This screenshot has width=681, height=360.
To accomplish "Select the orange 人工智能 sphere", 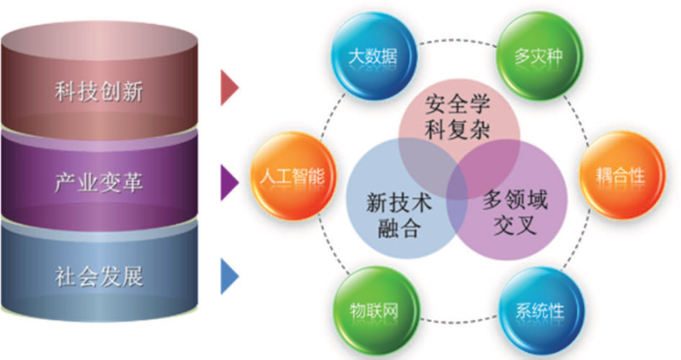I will [292, 176].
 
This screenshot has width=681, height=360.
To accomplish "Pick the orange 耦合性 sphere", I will [622, 175].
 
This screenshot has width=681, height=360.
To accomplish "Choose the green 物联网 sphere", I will [375, 311].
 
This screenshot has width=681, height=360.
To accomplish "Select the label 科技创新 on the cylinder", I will [99, 92].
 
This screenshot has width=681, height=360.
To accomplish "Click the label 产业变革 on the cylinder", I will [99, 183].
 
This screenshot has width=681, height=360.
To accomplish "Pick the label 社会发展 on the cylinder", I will [99, 276].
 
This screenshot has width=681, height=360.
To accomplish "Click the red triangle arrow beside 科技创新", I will [229, 88].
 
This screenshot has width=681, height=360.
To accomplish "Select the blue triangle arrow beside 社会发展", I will [229, 277].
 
